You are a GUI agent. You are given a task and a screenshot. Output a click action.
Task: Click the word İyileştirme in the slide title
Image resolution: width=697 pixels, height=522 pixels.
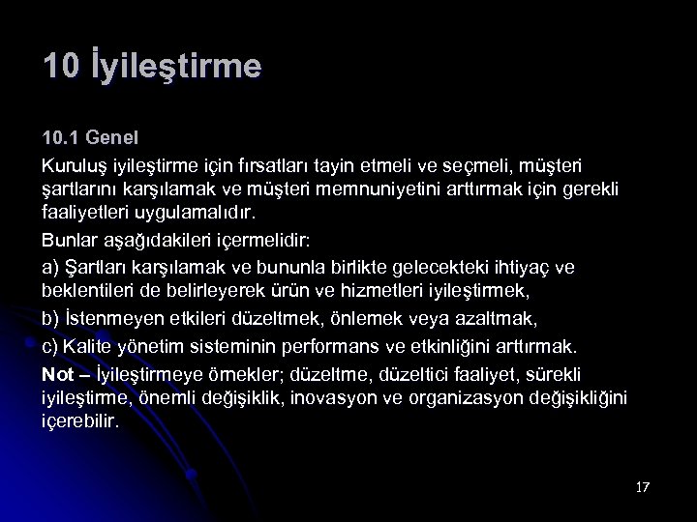(180, 68)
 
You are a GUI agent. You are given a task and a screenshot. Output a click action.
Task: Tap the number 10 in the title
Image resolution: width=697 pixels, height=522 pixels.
(61, 68)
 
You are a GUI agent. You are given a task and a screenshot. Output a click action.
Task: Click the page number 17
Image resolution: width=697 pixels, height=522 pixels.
(643, 486)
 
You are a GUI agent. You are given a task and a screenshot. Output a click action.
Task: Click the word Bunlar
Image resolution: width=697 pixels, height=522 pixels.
(69, 237)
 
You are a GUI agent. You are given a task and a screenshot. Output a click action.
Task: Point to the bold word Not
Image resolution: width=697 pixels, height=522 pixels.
(58, 373)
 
